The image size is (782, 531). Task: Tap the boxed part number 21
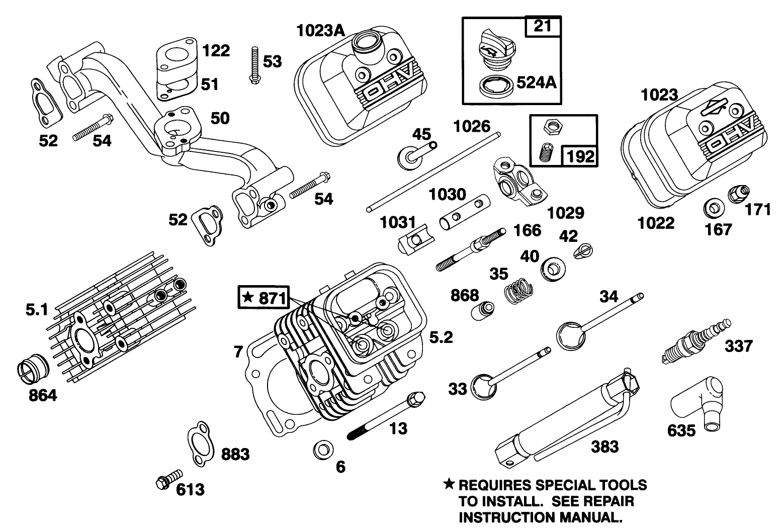pos(543,26)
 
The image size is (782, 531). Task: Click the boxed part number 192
pos(580,156)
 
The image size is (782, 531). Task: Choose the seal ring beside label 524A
pos(496,87)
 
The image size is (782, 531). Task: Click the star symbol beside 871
pos(247,297)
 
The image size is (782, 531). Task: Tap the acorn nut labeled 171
pos(738,194)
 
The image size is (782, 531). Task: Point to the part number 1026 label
pos(472,126)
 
